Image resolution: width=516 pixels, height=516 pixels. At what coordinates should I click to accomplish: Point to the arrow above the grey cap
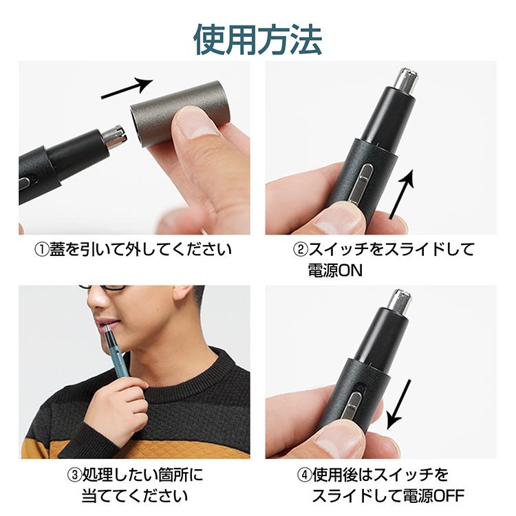click(x=127, y=88)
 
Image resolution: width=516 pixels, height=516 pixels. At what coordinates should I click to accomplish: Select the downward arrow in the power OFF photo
click(x=399, y=405)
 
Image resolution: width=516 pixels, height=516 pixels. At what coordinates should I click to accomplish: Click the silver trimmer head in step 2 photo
click(x=407, y=81)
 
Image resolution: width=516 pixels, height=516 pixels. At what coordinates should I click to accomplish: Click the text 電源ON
click(x=335, y=270)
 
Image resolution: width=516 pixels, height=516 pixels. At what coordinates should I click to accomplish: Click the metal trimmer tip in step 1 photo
click(x=116, y=137)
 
